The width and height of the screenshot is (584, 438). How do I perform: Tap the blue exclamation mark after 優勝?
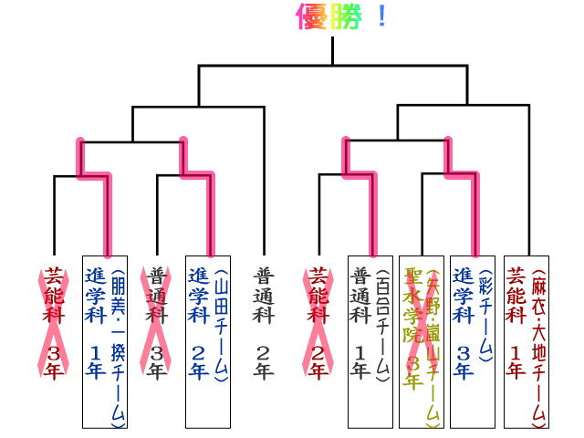[x=380, y=17]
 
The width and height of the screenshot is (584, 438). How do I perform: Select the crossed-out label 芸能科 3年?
[x=53, y=322]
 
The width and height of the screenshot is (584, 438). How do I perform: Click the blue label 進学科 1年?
[x=95, y=322]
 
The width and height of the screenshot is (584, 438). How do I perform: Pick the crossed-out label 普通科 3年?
[x=157, y=322]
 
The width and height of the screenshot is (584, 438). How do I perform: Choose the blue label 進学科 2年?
[x=198, y=322]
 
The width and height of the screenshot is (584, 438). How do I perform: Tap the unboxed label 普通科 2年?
[x=263, y=322]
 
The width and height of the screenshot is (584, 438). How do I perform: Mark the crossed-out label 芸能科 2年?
[x=317, y=322]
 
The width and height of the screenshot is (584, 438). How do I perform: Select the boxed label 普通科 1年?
[x=360, y=322]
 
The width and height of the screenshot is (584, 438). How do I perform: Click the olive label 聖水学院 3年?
[x=412, y=328]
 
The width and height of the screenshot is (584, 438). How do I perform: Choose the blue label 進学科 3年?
[x=463, y=322]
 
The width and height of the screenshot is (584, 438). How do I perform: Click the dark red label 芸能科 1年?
[x=515, y=322]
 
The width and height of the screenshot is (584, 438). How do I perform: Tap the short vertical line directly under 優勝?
[x=332, y=50]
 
